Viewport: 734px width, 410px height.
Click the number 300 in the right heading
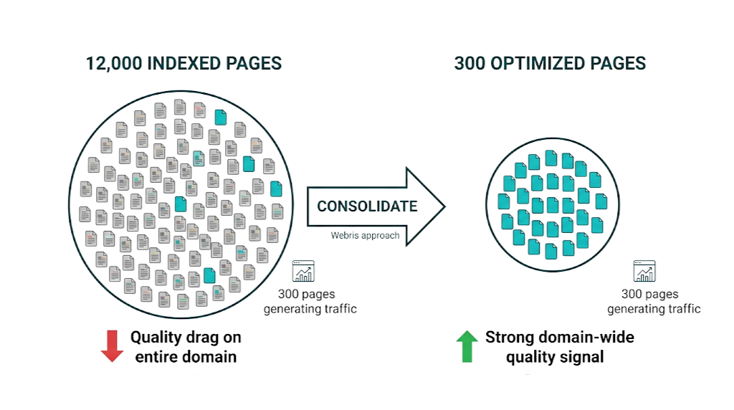[470, 63]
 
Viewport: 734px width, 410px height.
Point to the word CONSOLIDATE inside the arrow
[367, 206]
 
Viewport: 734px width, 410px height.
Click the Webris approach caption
[365, 235]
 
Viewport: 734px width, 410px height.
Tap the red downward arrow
[112, 345]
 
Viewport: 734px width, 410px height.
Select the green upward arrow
[467, 345]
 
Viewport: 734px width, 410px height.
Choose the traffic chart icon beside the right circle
[644, 272]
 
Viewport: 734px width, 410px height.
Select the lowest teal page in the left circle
[209, 275]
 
